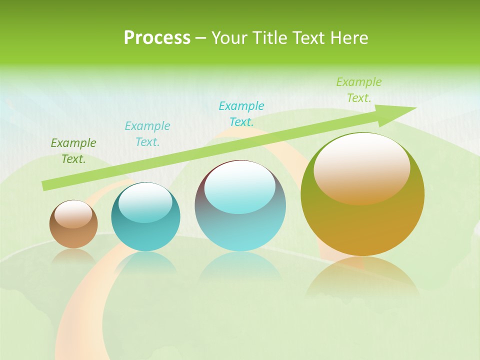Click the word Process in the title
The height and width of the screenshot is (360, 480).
157,38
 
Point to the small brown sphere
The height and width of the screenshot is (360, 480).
73,224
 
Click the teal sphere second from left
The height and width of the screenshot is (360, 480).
145,217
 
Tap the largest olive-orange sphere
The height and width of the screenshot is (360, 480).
362,194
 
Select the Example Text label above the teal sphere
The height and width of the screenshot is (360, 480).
147,134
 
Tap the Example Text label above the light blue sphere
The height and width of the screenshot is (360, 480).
241,114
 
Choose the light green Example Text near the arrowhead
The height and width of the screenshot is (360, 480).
358,90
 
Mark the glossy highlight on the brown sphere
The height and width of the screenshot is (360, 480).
73,214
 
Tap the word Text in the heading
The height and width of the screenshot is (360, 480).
310,38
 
